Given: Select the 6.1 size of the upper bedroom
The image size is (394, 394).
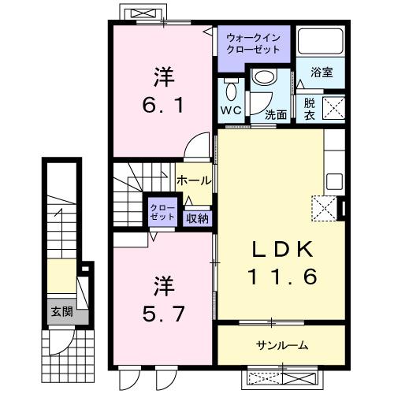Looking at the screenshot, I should [163, 104].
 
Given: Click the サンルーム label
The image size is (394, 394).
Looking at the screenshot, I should [281, 345].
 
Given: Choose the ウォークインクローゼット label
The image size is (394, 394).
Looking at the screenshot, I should [253, 43].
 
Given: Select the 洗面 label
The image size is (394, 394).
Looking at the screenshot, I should [275, 114].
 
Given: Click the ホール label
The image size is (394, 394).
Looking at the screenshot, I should [193, 180].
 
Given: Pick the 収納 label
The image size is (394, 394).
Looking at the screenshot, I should [197, 217].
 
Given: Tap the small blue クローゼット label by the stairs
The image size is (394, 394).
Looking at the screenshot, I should [162, 211].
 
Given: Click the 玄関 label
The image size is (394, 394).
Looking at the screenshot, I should [62, 312].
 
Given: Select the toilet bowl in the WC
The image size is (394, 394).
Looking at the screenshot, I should [231, 87].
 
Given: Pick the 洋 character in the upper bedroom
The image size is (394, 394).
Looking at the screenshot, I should [163, 78].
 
